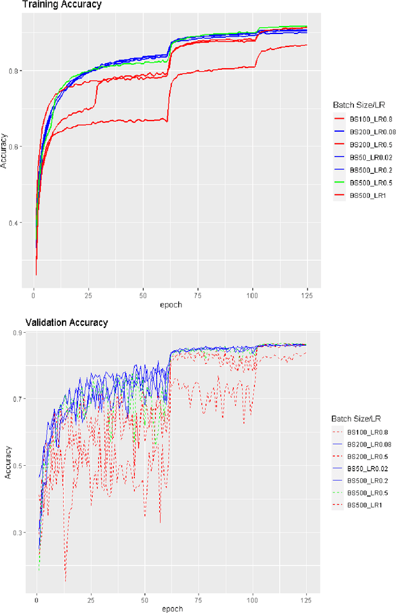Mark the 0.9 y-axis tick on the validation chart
[x=20, y=333]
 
